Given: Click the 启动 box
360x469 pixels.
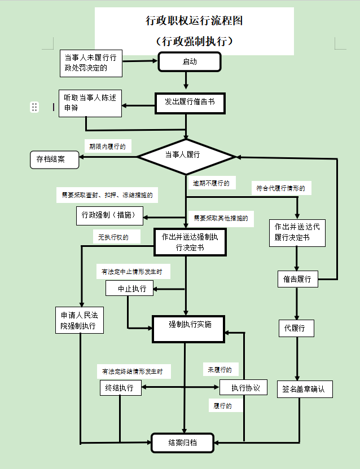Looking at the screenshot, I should (x=189, y=62).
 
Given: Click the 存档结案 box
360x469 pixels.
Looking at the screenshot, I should (x=54, y=160).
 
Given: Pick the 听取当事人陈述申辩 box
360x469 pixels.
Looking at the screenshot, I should (x=90, y=103).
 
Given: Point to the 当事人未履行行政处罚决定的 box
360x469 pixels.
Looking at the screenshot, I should (x=90, y=63).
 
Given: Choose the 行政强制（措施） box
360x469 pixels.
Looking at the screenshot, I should (x=109, y=214).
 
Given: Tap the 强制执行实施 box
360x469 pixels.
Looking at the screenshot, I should (x=190, y=325).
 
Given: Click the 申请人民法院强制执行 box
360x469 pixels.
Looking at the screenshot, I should (x=78, y=320).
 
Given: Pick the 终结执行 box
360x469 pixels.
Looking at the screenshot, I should (x=120, y=388).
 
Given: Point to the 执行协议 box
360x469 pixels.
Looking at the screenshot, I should (x=242, y=388).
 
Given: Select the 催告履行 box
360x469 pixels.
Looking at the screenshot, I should (x=298, y=278).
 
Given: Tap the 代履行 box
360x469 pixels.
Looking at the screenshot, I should (x=295, y=328).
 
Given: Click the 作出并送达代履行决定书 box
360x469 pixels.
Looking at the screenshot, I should (x=297, y=232).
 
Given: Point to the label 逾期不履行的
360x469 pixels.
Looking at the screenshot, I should (x=211, y=184).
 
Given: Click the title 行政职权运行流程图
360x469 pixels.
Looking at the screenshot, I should (x=194, y=21).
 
